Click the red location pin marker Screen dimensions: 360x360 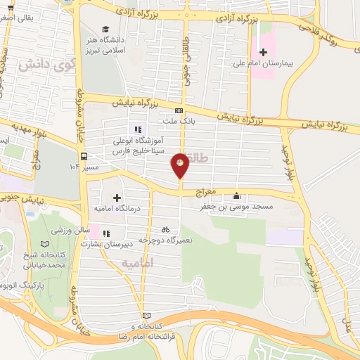181,165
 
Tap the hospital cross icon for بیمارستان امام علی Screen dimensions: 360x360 263,52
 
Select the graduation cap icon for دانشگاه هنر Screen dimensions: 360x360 105,30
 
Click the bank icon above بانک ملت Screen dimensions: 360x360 179,111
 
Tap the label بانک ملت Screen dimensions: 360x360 179,121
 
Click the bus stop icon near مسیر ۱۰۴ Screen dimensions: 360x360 84,157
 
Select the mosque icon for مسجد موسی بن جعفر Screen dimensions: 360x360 236,197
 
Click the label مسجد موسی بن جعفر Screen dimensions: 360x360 260,208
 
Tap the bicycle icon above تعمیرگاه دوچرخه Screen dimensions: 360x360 165,229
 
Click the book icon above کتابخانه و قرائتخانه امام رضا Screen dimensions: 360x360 146,316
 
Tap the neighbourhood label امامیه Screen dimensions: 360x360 136,262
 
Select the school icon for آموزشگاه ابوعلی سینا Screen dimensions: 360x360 138,129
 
